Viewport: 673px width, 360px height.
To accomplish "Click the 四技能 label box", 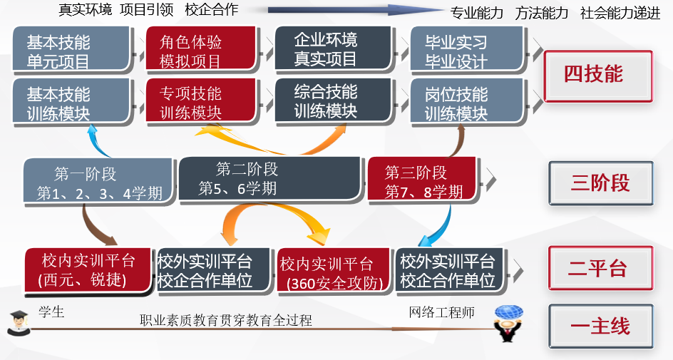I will pyautogui.click(x=597, y=75).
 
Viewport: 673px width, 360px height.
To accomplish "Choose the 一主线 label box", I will pyautogui.click(x=600, y=326).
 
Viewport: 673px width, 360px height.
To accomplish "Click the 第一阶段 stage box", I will pyautogui.click(x=98, y=182).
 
